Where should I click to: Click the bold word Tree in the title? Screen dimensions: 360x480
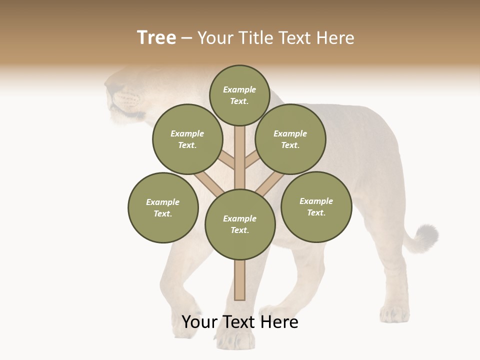coord(156,37)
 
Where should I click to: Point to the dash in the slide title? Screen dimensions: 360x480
coord(186,38)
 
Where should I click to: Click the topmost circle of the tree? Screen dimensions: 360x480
coord(239,95)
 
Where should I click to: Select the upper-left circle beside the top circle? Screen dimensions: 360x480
coord(187,139)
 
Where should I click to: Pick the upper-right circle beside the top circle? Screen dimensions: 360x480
coord(290,139)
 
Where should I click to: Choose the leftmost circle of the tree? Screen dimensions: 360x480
coord(163,207)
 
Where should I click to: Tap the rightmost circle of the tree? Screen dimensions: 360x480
coord(316,206)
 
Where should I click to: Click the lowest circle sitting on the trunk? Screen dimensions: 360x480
coord(240,224)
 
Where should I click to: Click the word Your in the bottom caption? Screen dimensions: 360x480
coord(199,322)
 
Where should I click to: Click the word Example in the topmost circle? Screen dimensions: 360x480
coord(239,89)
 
